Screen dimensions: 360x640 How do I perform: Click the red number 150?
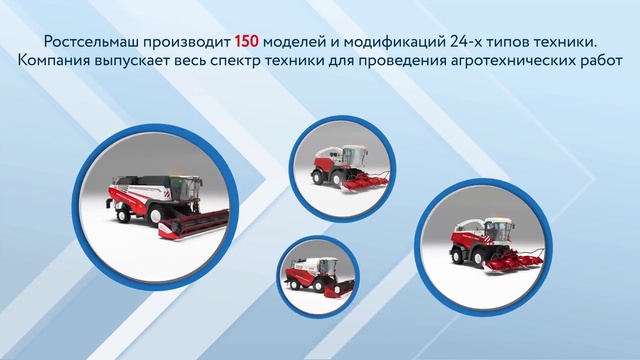coord(247,42)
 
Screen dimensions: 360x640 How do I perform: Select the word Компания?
coord(60,62)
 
